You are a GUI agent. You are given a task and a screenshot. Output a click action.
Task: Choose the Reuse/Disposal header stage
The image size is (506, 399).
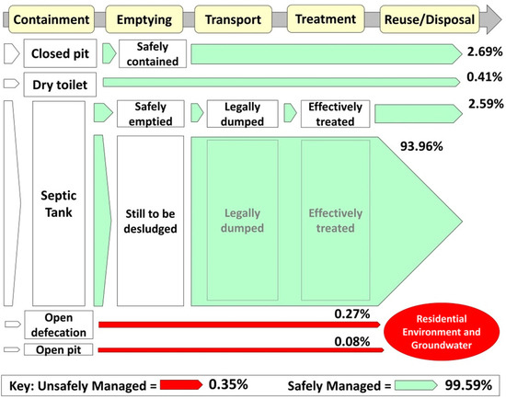tap(426, 17)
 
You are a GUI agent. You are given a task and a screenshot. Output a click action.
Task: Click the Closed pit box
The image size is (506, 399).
tap(59, 54)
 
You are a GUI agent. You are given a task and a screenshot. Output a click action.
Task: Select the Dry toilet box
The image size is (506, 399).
tap(59, 85)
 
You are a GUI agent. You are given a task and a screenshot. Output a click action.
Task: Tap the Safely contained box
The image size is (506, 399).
tap(151, 54)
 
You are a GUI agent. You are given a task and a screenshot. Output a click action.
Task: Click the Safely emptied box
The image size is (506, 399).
tap(151, 113)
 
